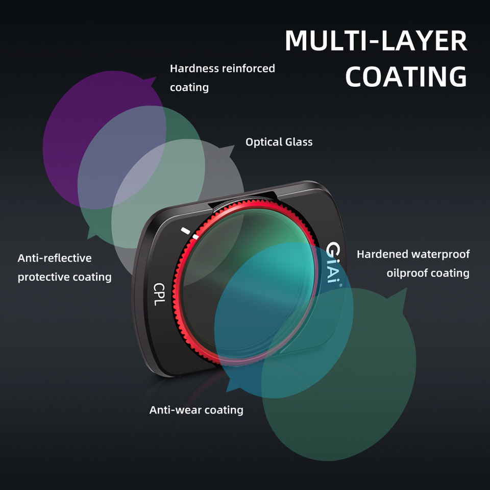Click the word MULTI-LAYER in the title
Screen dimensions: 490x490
coord(376,41)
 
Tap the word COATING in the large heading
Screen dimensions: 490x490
coord(406,77)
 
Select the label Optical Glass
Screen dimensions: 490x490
coord(279,142)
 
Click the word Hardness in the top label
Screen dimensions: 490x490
coord(193,68)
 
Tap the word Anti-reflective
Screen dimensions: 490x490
coord(55,258)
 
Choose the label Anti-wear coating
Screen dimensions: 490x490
coord(196,410)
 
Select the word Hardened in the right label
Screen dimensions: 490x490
coord(383,254)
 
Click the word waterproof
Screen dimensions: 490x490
coord(441,254)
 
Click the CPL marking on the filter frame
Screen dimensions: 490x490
coord(159,294)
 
